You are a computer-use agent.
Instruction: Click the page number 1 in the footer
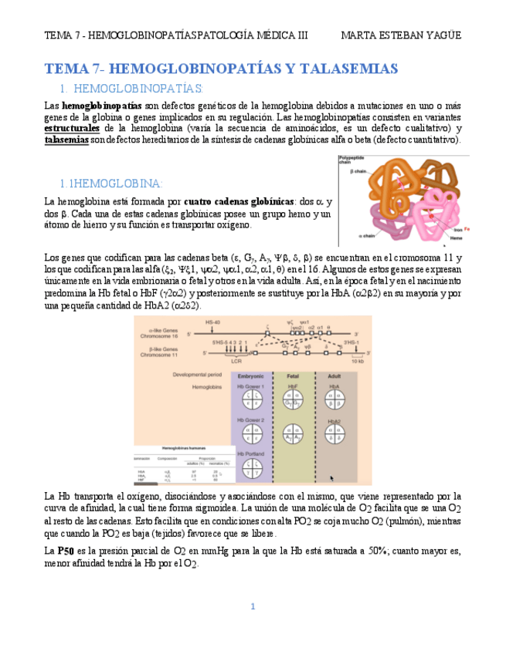click(x=253, y=606)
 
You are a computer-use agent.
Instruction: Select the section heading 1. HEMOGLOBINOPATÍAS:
click(x=131, y=89)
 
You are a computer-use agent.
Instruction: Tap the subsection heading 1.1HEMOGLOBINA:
click(x=111, y=184)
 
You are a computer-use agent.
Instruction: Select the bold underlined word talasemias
click(x=66, y=140)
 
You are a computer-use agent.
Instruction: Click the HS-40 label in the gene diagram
click(x=213, y=322)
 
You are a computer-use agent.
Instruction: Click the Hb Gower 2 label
click(x=251, y=420)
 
